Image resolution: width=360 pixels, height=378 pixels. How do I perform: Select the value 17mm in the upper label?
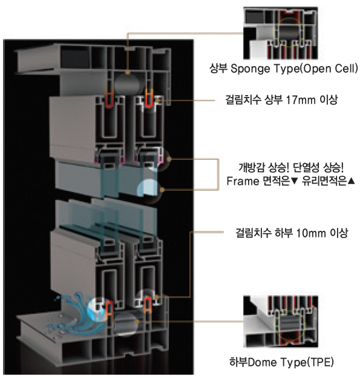[301, 99]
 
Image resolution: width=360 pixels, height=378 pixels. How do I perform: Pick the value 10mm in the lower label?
[312, 233]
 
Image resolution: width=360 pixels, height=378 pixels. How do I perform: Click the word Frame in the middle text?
[243, 181]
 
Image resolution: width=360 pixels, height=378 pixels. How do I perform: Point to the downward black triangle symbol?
[295, 181]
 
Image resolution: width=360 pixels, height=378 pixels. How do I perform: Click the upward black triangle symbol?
[352, 181]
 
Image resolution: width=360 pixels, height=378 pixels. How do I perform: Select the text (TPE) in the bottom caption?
[320, 362]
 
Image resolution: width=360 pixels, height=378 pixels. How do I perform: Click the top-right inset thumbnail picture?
[281, 33]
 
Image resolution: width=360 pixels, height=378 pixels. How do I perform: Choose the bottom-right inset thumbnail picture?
[281, 321]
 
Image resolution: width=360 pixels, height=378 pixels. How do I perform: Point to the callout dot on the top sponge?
[128, 72]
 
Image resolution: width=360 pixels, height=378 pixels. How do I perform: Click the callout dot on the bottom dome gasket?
[137, 321]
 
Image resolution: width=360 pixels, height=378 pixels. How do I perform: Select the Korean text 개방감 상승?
[264, 168]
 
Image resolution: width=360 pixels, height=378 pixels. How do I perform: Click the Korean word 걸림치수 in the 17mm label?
[243, 99]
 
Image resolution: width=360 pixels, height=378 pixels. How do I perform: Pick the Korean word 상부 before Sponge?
[218, 68]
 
